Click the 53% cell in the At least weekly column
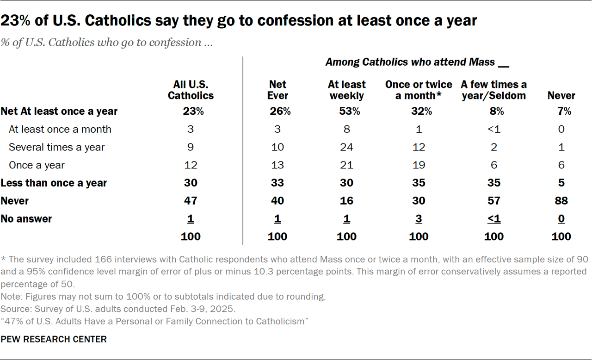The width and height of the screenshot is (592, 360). tap(346, 112)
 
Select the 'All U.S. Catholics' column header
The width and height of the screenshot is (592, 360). tap(191, 90)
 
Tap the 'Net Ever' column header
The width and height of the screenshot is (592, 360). tap(277, 90)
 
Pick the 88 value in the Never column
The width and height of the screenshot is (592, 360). tap(561, 201)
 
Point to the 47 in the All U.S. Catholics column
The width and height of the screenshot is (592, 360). tap(191, 201)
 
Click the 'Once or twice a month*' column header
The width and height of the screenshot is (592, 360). tap(419, 90)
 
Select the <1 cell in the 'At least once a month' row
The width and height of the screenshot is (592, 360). tap(493, 130)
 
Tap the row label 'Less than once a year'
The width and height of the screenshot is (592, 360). tap(54, 183)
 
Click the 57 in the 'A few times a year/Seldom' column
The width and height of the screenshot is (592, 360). tap(493, 201)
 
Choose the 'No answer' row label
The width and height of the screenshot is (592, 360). tap(26, 219)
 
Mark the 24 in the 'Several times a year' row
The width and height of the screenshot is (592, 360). tap(346, 147)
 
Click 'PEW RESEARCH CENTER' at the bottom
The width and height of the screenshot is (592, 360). tap(54, 339)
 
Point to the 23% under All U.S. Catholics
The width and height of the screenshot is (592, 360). tap(191, 112)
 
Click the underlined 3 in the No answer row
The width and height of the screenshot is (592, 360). tap(419, 219)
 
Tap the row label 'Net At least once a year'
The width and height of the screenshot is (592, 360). tap(59, 112)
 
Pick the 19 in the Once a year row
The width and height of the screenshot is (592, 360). tap(419, 165)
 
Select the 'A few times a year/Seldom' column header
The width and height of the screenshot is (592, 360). tap(493, 90)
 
